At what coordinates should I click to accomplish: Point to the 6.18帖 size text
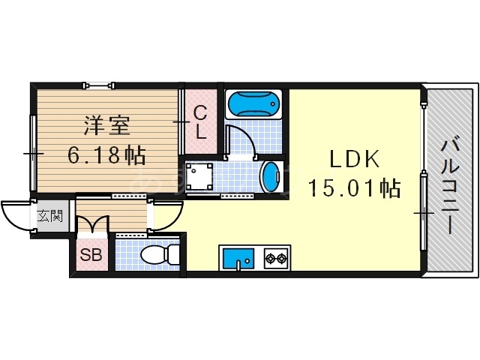tap(106, 155)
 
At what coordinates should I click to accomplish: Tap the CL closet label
tap(200, 121)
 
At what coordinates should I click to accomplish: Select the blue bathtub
tap(253, 103)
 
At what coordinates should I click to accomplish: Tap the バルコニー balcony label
tap(451, 184)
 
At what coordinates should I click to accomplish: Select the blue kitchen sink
tap(238, 259)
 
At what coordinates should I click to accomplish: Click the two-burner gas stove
tap(275, 259)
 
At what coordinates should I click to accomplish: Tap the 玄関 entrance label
tap(50, 217)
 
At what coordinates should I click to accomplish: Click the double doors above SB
tap(95, 223)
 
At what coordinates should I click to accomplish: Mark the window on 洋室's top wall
tap(99, 85)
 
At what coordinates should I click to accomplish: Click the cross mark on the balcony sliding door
tap(424, 214)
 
